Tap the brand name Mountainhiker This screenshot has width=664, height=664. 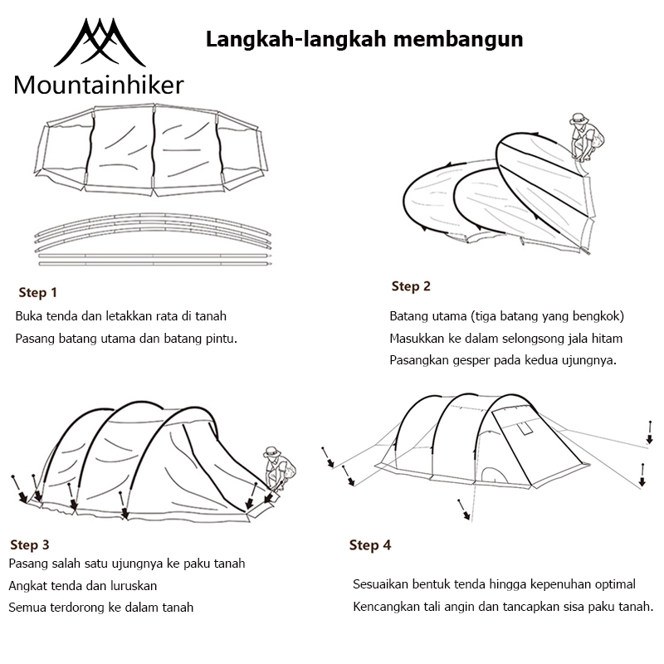pyautogui.click(x=99, y=85)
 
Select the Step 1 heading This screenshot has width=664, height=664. pyautogui.click(x=38, y=292)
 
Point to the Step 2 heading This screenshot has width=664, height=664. pyautogui.click(x=411, y=286)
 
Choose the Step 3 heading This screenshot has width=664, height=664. pyautogui.click(x=30, y=545)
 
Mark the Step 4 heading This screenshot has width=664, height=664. pyautogui.click(x=370, y=545)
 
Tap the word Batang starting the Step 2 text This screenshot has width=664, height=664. pyautogui.click(x=408, y=316)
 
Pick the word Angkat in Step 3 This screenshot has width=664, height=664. pyautogui.click(x=27, y=585)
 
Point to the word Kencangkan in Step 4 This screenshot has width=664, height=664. pyautogui.click(x=388, y=606)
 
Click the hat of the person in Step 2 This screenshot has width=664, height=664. pyautogui.click(x=578, y=119)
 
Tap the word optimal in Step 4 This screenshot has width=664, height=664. pyautogui.click(x=613, y=584)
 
